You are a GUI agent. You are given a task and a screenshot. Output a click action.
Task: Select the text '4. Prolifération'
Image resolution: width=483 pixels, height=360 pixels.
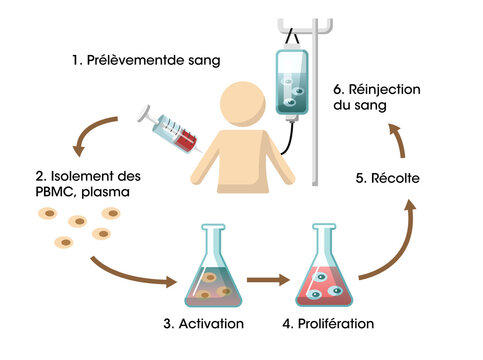click(328, 323)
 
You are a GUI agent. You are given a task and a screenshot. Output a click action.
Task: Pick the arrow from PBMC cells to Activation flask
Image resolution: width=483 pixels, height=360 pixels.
click(130, 274)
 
